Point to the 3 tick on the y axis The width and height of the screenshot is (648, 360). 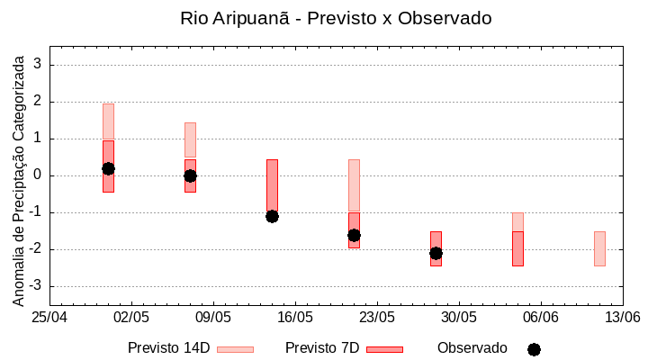coord(39,65)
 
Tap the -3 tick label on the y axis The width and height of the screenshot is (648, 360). coord(36,286)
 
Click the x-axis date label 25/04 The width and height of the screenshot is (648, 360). coord(50,317)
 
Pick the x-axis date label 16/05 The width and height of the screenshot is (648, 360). coord(295,317)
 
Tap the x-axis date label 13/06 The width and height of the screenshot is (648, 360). coord(622,317)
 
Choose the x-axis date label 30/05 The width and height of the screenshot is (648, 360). coord(458,317)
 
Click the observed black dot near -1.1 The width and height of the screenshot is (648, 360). coord(272,216)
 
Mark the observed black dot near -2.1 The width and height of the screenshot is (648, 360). coord(436,253)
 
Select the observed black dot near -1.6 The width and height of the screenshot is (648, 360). coord(354,235)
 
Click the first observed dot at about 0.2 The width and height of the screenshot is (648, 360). coord(108,168)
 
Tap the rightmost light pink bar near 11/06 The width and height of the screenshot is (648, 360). coord(599,248)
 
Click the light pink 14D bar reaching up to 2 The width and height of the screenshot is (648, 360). coord(108,121)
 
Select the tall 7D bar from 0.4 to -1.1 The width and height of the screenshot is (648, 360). coord(272,184)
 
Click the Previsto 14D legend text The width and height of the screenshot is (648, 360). coord(168,348)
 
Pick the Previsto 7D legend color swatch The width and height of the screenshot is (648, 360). coord(384,349)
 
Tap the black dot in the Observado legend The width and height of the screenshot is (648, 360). coord(534,349)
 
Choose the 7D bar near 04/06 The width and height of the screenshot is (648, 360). coord(517,248)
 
